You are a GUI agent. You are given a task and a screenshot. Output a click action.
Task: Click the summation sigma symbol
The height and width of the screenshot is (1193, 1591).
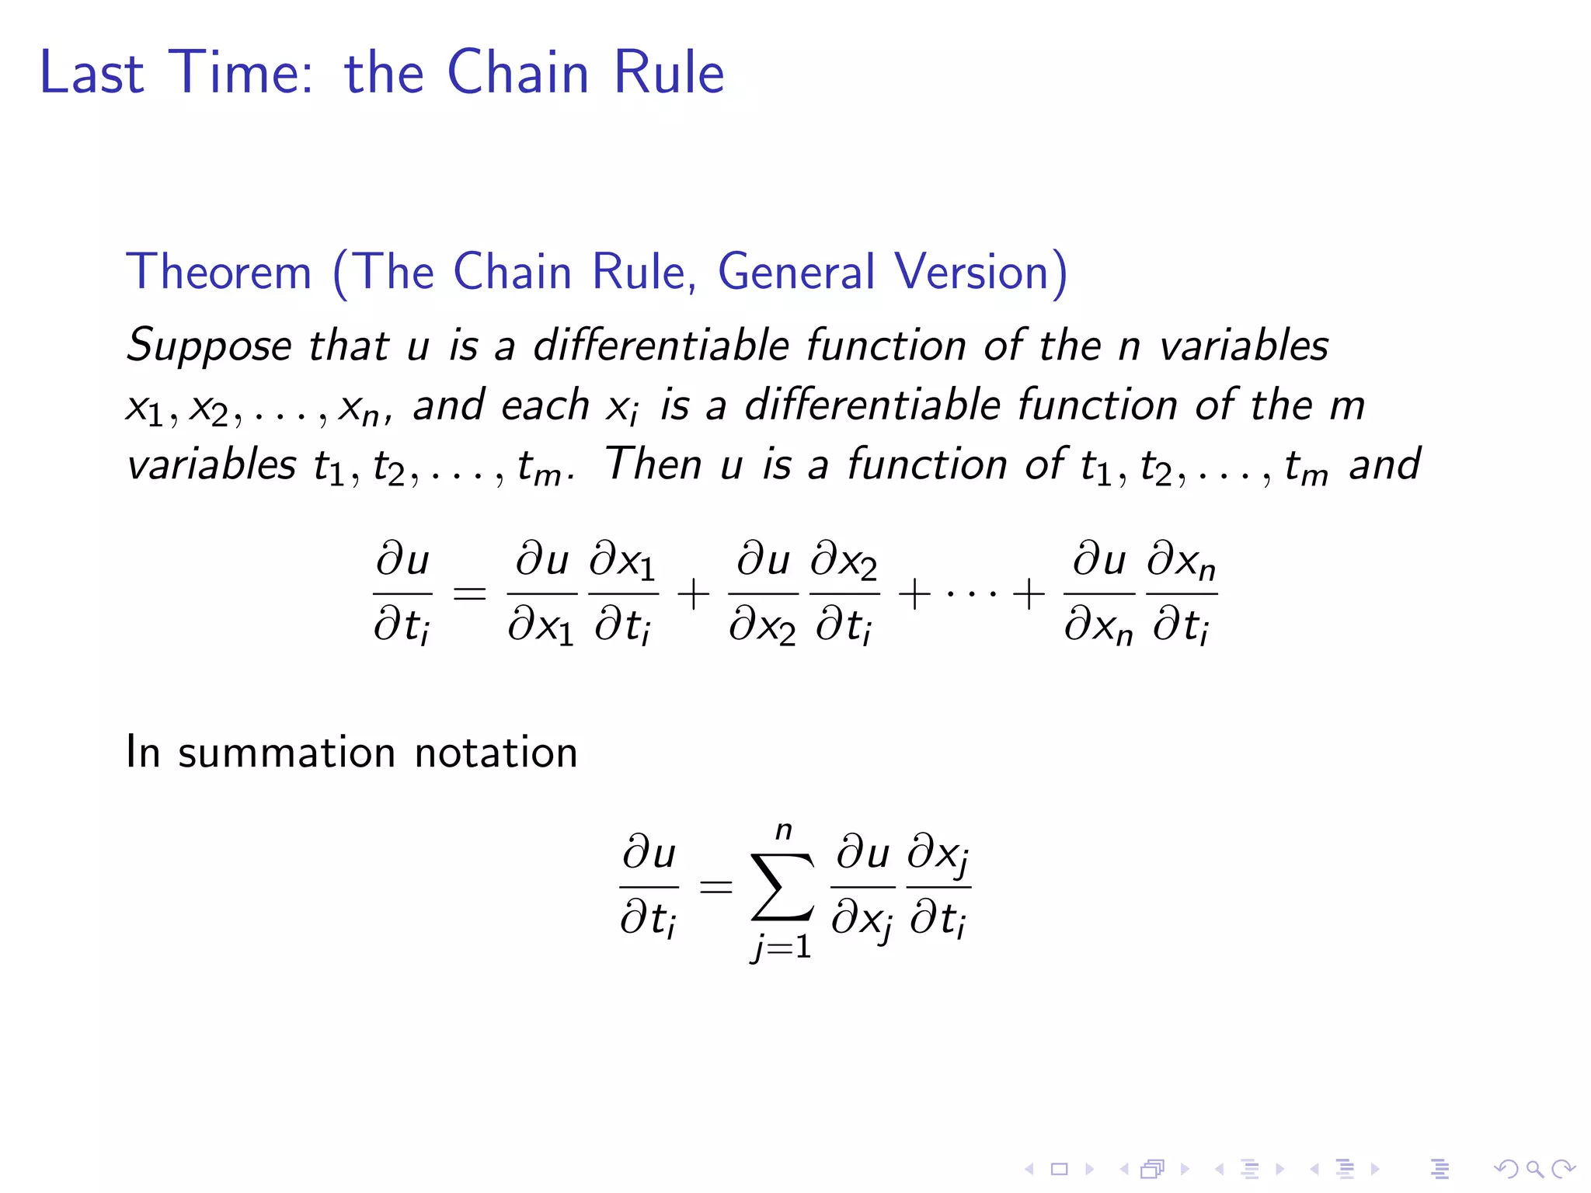782,887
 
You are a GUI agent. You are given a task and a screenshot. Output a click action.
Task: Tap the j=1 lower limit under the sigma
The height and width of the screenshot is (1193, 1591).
782,946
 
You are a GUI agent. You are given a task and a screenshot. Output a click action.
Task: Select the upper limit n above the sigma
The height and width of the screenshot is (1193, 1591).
784,831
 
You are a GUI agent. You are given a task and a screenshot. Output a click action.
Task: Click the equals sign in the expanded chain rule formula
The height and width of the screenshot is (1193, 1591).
469,594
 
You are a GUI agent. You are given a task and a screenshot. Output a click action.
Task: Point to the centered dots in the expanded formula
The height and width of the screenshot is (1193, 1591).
972,594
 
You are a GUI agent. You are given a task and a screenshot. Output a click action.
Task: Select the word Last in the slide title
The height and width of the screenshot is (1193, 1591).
92,72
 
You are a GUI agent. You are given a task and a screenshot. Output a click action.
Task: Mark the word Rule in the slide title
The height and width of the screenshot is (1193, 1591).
669,72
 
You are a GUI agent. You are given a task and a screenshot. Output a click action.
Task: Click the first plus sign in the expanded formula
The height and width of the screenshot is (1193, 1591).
693,594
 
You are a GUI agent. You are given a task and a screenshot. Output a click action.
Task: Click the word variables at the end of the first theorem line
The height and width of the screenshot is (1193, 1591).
1244,346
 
